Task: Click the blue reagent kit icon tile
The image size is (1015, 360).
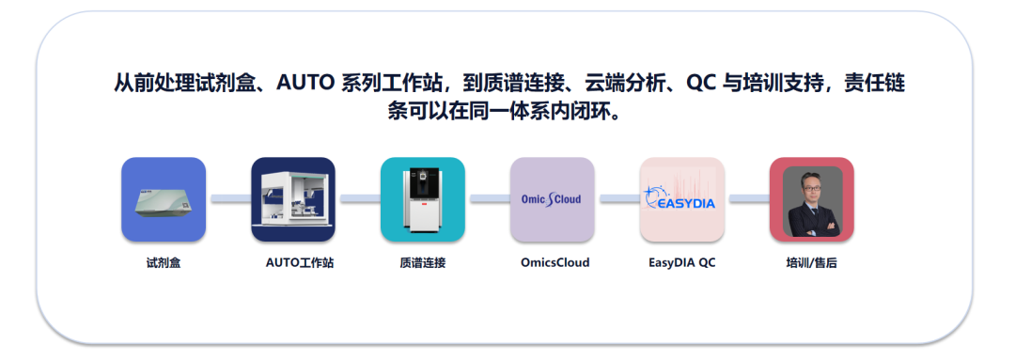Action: (164, 199)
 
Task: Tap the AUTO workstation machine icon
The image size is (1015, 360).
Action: (293, 199)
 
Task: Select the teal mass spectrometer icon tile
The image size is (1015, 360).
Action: (423, 199)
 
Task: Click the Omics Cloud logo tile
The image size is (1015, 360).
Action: (553, 199)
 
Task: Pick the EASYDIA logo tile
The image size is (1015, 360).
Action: (681, 199)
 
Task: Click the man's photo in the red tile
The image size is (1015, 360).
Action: (812, 201)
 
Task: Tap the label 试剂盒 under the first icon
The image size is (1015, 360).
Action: (164, 263)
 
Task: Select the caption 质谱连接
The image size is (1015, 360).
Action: (423, 263)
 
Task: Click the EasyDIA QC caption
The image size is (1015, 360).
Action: (682, 263)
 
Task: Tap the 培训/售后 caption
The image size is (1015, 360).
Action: (812, 263)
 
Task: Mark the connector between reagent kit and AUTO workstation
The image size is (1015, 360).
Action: (228, 198)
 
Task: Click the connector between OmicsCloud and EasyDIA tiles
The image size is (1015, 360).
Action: (617, 198)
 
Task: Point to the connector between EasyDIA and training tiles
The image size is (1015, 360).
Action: (747, 198)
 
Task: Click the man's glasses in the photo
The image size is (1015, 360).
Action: (812, 184)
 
